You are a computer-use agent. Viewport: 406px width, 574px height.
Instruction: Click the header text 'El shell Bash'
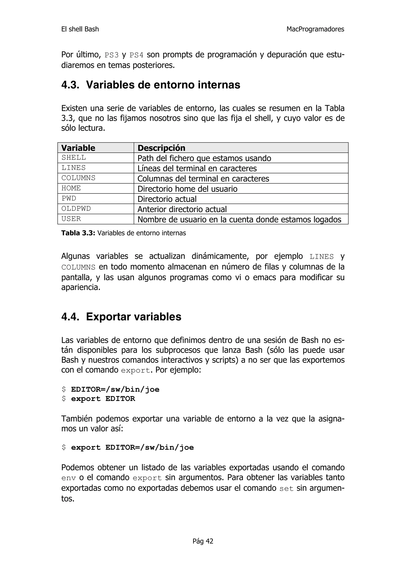point(80,29)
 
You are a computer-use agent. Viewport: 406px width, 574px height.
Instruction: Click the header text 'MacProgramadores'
point(315,29)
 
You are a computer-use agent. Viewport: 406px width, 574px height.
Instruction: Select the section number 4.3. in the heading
point(70,85)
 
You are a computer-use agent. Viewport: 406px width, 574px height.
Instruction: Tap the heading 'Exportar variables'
point(134,317)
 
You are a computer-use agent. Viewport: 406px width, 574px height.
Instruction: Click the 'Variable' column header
point(78,148)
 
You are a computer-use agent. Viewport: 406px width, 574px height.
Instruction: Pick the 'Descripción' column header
point(161,148)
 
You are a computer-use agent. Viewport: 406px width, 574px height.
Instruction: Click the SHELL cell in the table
point(74,158)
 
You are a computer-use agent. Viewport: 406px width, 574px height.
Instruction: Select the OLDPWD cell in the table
point(76,209)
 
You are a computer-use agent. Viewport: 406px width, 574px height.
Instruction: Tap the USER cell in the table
point(71,219)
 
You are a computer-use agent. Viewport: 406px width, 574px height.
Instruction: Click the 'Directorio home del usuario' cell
point(187,189)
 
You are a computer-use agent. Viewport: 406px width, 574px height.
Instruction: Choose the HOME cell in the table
point(71,188)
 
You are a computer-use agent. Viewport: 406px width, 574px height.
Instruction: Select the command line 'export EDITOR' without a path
point(103,399)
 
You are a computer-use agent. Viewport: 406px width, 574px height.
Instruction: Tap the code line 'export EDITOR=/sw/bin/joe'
point(132,447)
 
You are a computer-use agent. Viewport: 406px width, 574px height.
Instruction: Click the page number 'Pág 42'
point(203,541)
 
